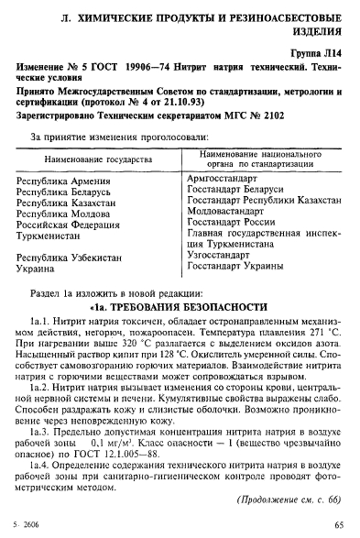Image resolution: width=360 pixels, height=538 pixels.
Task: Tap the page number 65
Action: coord(339,525)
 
